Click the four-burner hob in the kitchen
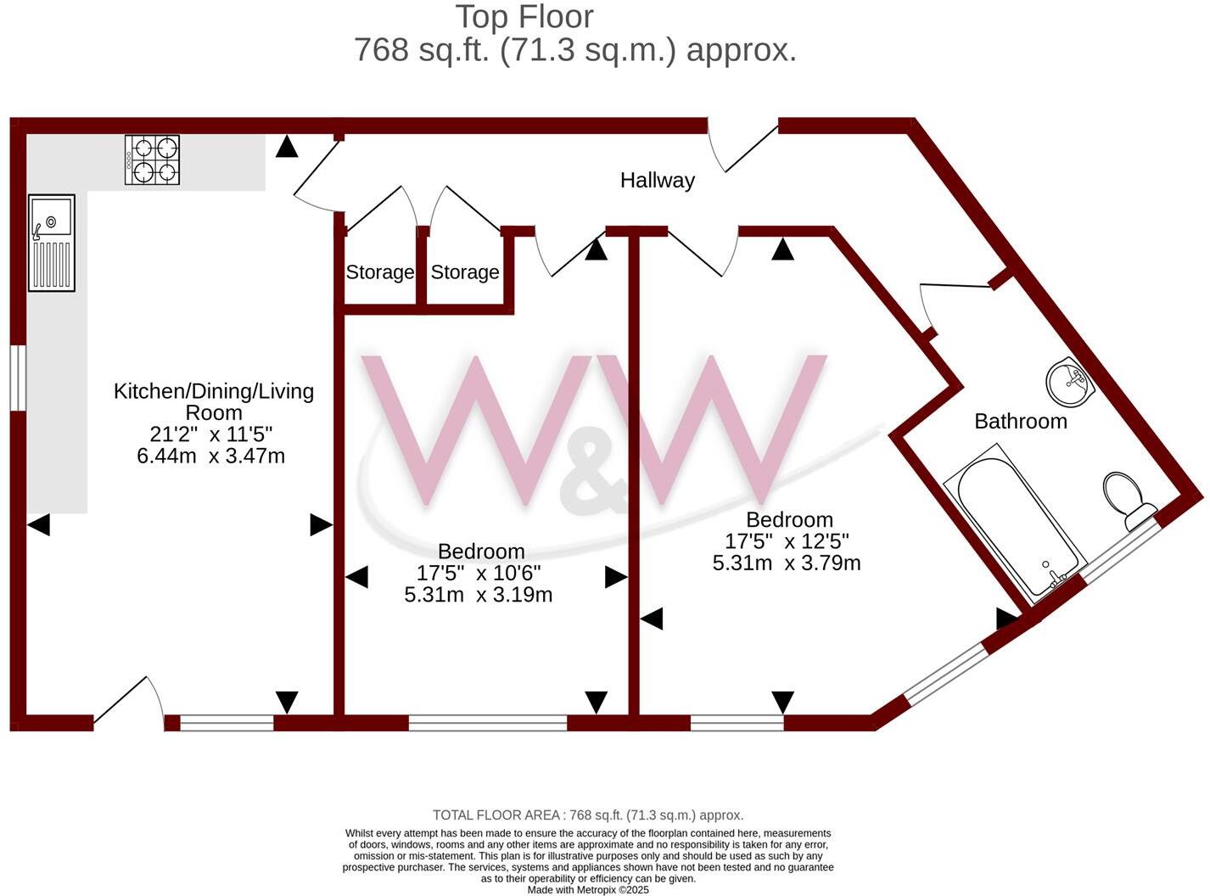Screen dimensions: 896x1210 (x=153, y=160)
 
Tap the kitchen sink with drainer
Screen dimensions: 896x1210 (x=52, y=243)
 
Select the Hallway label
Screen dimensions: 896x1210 (x=657, y=180)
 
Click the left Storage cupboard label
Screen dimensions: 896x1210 (x=379, y=272)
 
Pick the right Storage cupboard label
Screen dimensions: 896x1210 (x=464, y=272)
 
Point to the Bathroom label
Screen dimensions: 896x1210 (x=1020, y=421)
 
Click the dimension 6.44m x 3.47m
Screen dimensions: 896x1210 (x=210, y=456)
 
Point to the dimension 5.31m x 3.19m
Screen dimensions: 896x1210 (x=478, y=595)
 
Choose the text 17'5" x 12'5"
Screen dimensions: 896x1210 (x=787, y=541)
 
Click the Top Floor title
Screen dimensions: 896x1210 (x=524, y=17)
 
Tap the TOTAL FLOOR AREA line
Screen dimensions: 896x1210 (x=587, y=815)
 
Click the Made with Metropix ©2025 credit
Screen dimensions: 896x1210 (x=587, y=890)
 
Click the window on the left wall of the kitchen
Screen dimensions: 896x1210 (x=18, y=378)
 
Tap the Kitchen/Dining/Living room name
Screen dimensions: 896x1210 (x=214, y=401)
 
